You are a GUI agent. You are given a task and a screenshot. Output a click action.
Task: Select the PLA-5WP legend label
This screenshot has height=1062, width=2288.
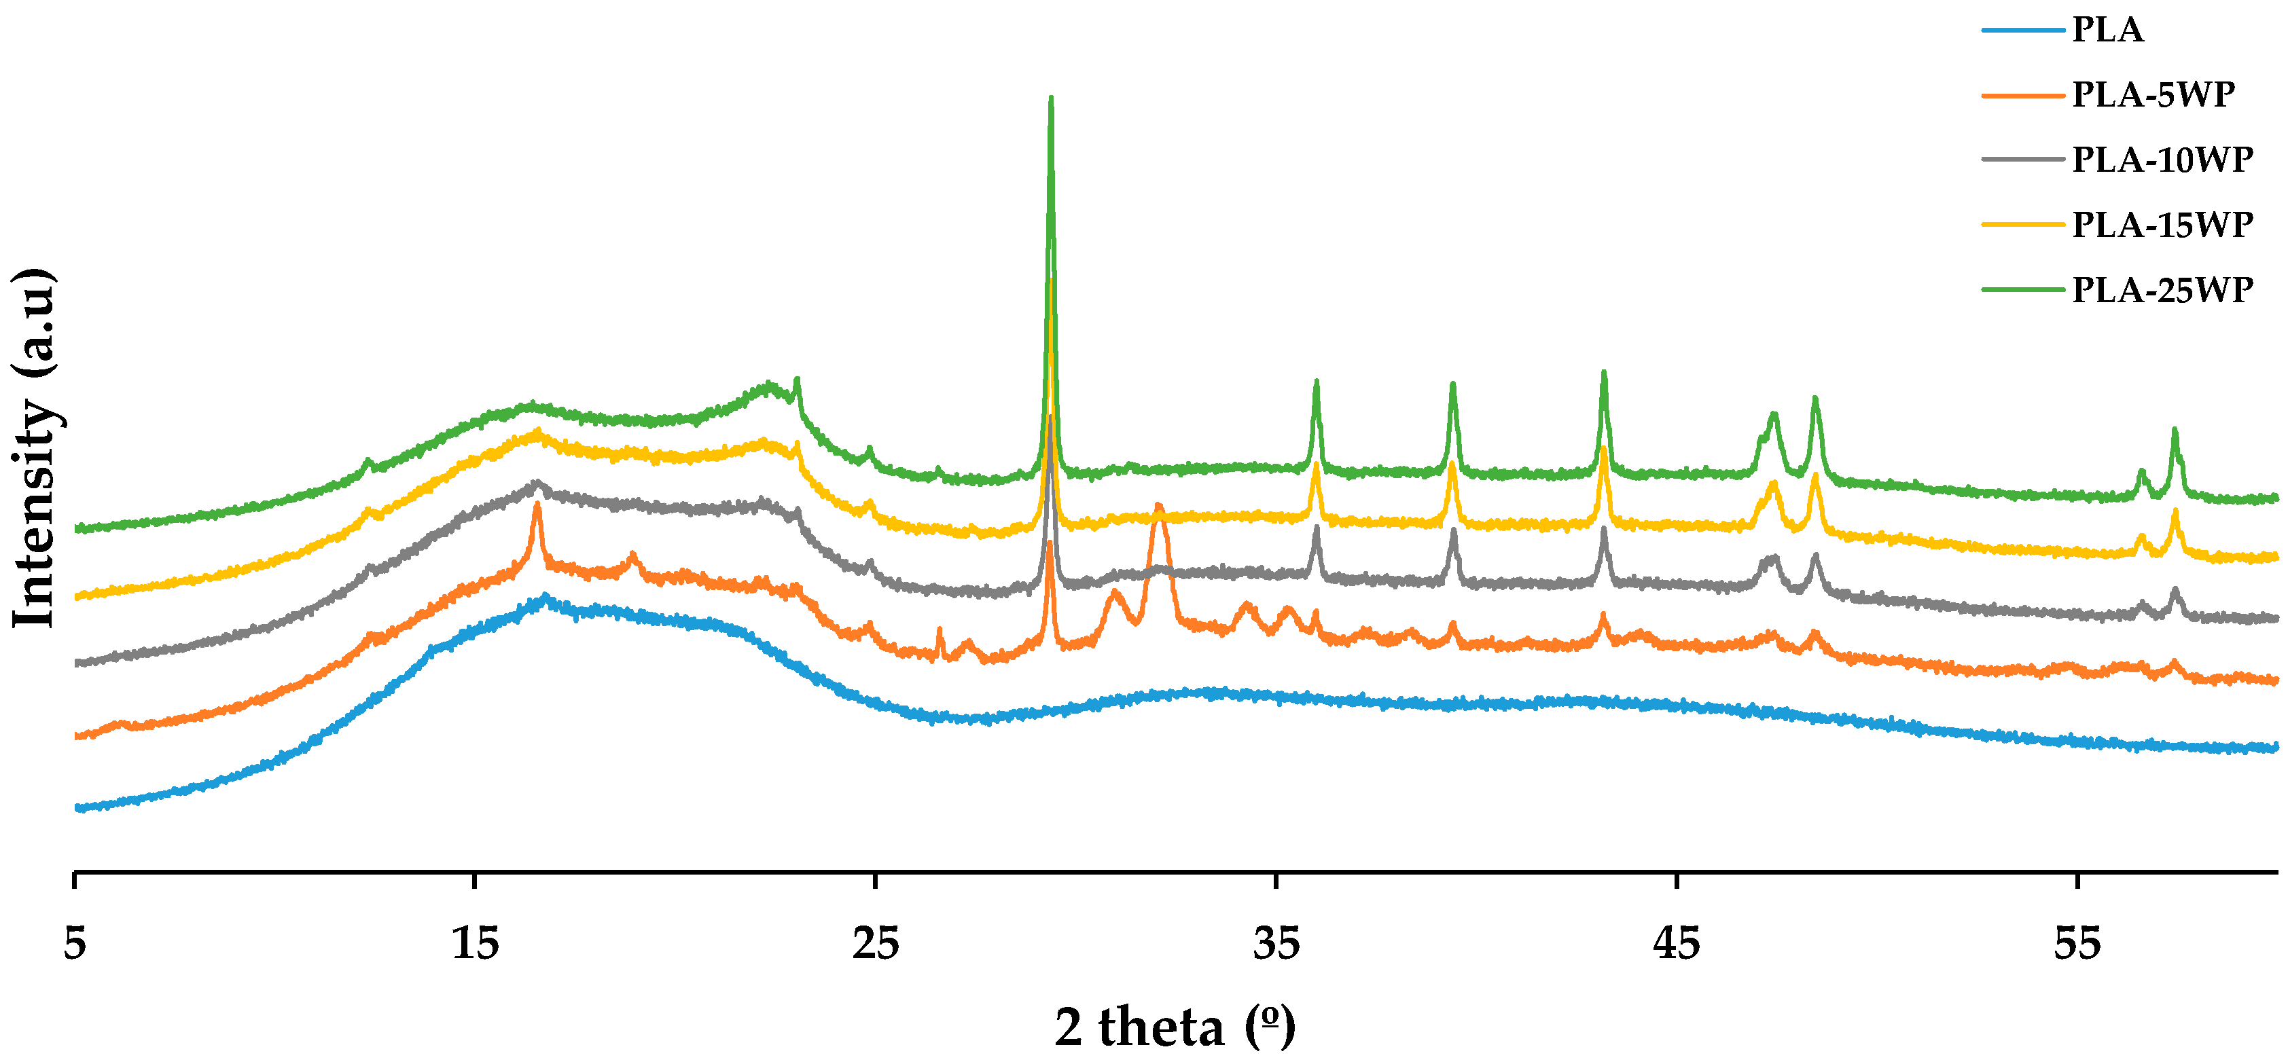pos(2153,95)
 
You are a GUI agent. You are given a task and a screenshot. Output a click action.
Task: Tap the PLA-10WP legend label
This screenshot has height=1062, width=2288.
pos(2162,160)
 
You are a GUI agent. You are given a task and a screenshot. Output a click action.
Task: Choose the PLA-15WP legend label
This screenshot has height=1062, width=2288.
pos(2162,225)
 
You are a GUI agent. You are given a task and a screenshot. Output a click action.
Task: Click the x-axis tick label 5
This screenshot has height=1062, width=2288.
pos(75,943)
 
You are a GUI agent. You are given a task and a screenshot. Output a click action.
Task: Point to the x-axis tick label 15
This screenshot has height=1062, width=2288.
pos(475,943)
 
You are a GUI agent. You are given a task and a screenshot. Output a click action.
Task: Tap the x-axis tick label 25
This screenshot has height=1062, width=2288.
pos(876,943)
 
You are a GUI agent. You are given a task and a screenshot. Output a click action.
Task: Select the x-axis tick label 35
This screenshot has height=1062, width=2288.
pos(1276,943)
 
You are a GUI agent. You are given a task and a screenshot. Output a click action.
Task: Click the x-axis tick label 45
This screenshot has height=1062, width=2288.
pos(1677,943)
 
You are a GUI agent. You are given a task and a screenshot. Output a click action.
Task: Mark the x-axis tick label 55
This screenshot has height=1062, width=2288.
pos(2077,943)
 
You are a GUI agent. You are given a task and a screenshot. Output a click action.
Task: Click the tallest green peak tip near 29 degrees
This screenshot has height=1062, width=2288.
pos(1051,98)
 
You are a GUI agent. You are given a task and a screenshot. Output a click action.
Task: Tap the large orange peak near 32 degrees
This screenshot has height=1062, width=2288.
pos(1158,508)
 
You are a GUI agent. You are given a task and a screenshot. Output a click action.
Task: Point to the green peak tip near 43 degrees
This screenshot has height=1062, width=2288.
pos(1604,373)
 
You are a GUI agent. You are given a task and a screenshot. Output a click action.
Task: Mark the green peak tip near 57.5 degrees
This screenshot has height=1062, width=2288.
pos(2175,430)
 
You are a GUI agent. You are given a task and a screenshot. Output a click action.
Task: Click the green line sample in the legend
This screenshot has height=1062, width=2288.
pos(2022,289)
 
